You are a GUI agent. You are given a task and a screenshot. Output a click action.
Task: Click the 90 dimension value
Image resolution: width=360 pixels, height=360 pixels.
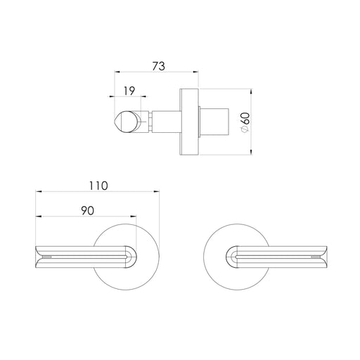pos(86,210)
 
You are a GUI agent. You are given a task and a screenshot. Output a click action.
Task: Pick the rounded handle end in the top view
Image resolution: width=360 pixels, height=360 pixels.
pos(125,121)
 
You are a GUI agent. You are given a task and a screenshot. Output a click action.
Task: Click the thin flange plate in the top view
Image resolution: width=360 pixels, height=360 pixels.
pos(188,120)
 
